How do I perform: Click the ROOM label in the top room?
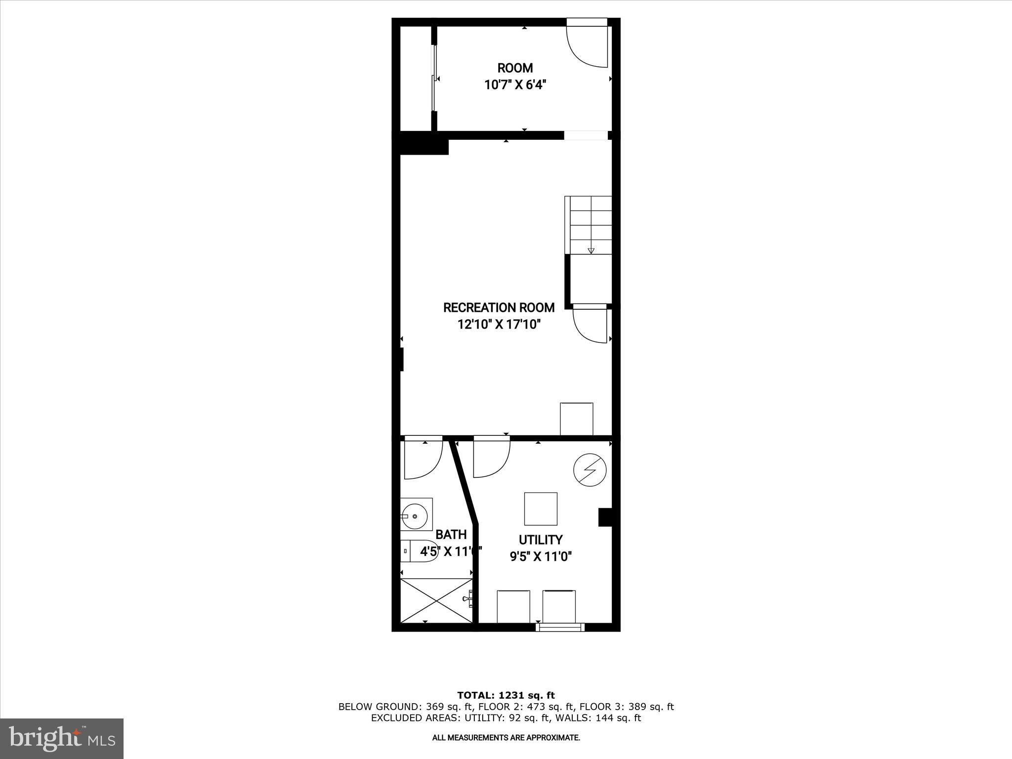click(515, 68)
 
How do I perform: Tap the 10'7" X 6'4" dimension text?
click(515, 85)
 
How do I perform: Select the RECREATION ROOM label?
click(499, 307)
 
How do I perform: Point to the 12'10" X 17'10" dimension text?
click(499, 325)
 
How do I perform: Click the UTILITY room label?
click(541, 540)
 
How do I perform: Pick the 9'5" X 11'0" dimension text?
click(541, 557)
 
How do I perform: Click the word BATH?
click(451, 534)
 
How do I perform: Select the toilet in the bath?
click(418, 550)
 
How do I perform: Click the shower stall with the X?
click(436, 600)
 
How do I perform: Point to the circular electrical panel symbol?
click(590, 470)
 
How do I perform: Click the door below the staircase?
click(590, 324)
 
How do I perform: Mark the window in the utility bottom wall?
click(560, 627)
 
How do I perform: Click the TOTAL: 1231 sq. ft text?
click(506, 695)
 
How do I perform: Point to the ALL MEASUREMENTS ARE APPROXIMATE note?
click(506, 738)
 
